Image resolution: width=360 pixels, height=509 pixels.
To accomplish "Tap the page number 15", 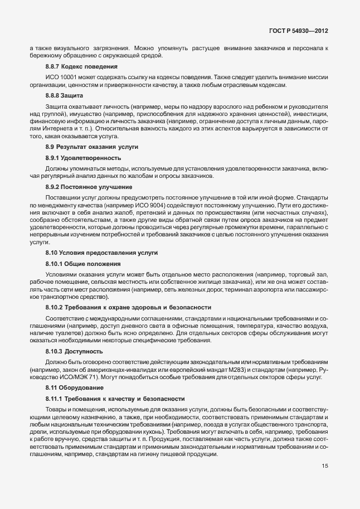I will tap(325, 467).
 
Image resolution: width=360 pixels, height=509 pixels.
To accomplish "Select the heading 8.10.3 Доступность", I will tap(74, 352).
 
